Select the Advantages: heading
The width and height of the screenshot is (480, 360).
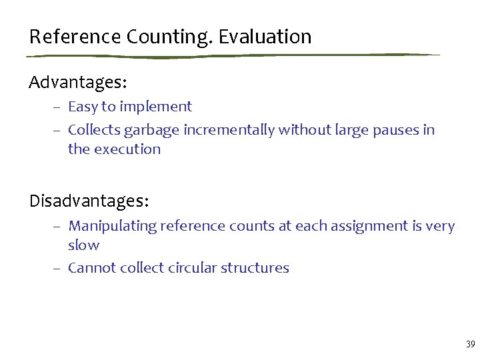click(x=78, y=83)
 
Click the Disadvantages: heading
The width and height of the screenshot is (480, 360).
click(x=89, y=200)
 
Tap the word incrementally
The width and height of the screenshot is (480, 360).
click(x=229, y=130)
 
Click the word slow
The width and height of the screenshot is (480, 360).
click(x=83, y=245)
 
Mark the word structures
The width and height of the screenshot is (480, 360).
click(x=256, y=268)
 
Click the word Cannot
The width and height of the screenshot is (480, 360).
click(x=91, y=268)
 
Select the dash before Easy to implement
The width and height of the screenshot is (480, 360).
click(x=58, y=107)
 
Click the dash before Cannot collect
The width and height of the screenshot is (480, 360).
click(x=58, y=269)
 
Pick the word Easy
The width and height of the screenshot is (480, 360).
click(x=82, y=107)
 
